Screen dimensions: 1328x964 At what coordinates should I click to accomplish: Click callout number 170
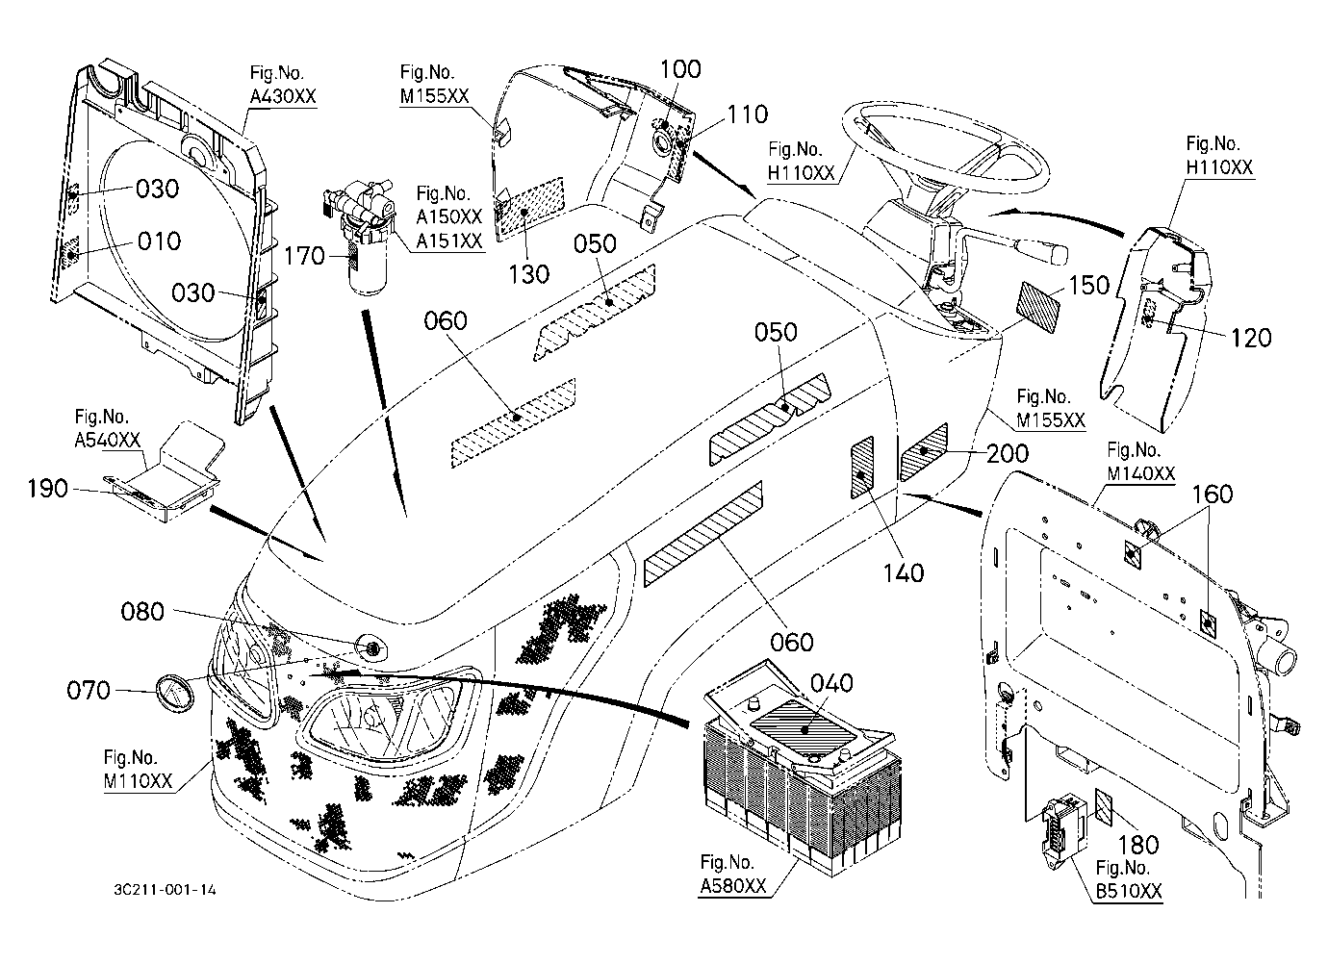pyautogui.click(x=305, y=256)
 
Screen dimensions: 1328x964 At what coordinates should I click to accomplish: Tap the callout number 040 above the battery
pyautogui.click(x=831, y=684)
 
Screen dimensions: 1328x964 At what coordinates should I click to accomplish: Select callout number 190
pyautogui.click(x=48, y=489)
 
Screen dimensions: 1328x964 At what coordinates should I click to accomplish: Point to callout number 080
pyautogui.click(x=142, y=611)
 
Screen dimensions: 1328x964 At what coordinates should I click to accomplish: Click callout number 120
pyautogui.click(x=1252, y=338)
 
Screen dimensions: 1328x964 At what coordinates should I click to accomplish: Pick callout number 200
pyautogui.click(x=1008, y=453)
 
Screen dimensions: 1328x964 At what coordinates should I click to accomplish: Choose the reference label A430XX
pyautogui.click(x=283, y=96)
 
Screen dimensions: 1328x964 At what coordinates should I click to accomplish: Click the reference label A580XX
pyautogui.click(x=733, y=886)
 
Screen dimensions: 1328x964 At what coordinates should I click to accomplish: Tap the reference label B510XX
pyautogui.click(x=1129, y=892)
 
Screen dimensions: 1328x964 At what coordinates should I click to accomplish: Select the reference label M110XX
pyautogui.click(x=139, y=781)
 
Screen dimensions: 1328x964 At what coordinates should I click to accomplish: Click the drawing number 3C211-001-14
pyautogui.click(x=166, y=890)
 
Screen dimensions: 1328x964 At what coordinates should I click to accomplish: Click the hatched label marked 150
pyautogui.click(x=1038, y=307)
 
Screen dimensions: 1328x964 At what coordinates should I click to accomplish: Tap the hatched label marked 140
pyautogui.click(x=862, y=468)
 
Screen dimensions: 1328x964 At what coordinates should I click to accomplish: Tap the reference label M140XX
pyautogui.click(x=1140, y=473)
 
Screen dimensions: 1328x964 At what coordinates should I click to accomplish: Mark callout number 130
pyautogui.click(x=529, y=274)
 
